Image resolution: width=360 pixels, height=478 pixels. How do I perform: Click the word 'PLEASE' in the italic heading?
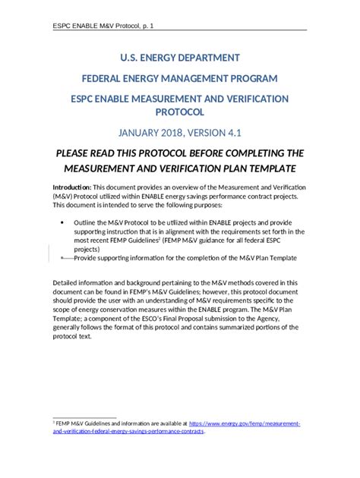[x=79, y=153]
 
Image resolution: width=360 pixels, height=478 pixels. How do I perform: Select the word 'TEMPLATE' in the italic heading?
[x=262, y=168]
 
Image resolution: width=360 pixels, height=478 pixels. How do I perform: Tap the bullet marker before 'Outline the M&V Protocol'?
[x=61, y=222]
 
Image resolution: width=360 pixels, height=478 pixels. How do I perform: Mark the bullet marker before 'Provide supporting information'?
[x=61, y=258]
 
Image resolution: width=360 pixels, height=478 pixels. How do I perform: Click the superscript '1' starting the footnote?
[x=53, y=421]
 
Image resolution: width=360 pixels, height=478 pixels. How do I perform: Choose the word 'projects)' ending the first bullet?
[x=87, y=249]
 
